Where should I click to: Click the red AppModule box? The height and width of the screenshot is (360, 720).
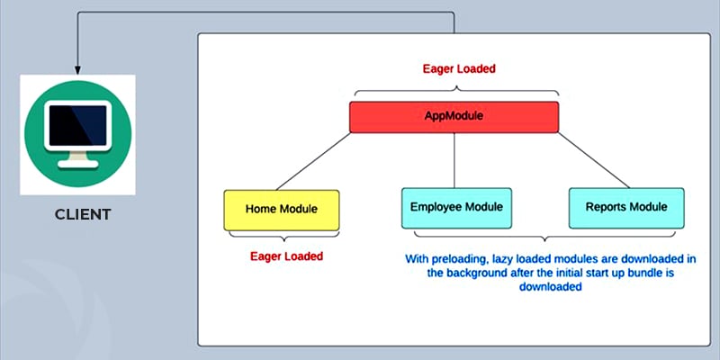tap(454, 117)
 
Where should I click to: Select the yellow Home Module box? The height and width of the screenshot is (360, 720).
tap(282, 210)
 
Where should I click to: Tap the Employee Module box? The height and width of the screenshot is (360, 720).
tap(456, 208)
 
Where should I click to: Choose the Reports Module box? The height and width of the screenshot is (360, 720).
tap(626, 208)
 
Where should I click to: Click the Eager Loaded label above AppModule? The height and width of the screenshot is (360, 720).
tap(459, 69)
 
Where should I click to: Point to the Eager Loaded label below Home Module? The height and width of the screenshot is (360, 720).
tap(286, 256)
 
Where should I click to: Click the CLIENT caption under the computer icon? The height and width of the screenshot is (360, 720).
tap(83, 214)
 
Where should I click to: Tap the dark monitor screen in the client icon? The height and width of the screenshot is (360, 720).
tap(77, 125)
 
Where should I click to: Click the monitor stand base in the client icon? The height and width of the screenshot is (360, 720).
tap(78, 164)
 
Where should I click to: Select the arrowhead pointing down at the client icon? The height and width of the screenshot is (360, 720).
tap(77, 69)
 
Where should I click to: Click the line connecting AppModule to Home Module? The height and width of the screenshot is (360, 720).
tap(313, 161)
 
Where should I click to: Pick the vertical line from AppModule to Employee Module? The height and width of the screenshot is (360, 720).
tap(454, 160)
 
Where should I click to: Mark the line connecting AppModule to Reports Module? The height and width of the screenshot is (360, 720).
tap(593, 160)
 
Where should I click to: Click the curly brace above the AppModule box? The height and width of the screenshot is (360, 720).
tap(456, 92)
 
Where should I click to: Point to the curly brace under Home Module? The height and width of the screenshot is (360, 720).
tap(284, 236)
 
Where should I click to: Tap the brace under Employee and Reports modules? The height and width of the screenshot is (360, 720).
tap(544, 237)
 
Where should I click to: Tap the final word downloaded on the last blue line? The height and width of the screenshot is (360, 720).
tap(551, 287)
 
